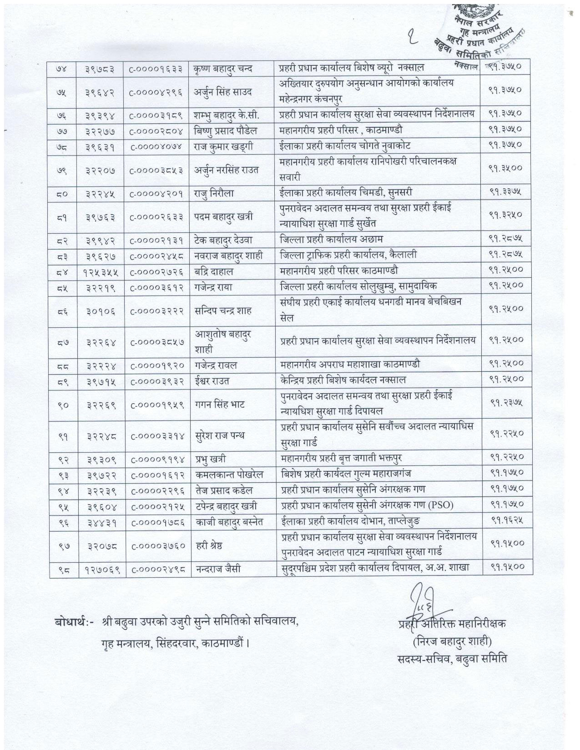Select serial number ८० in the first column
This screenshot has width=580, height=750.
[63, 193]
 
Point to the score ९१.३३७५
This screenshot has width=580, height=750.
[506, 193]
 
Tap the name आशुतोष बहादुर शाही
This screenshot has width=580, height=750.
[224, 342]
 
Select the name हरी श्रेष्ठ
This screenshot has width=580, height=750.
[210, 543]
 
